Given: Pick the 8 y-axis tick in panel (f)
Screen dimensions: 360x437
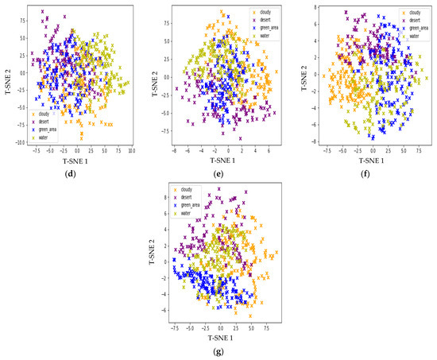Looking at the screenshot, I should pos(316,6).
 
